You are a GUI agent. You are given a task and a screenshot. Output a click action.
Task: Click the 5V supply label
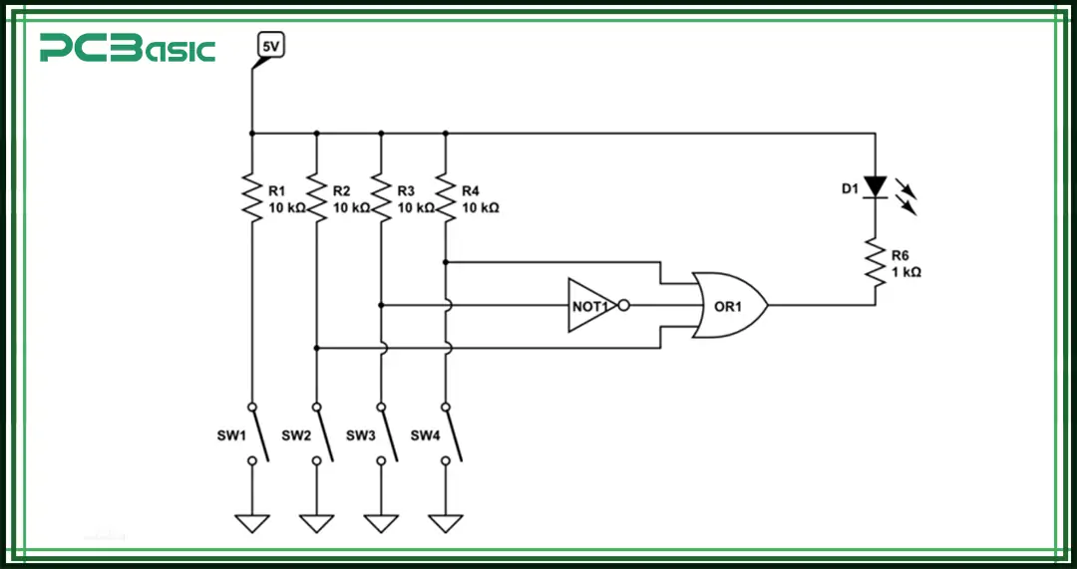coord(270,46)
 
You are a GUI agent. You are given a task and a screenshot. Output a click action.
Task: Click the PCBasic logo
coord(127,47)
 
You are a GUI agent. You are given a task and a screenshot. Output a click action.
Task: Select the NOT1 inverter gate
coord(590,305)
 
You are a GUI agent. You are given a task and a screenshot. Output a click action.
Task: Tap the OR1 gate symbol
coord(729,305)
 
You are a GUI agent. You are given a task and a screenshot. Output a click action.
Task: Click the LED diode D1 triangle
coord(875,186)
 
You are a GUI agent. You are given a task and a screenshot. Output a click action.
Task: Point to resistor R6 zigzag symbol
coord(875,264)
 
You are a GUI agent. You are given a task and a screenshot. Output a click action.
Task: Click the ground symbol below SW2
coord(316,523)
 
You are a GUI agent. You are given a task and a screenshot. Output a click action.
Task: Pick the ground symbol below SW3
coord(381,523)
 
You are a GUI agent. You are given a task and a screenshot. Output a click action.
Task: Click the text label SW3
coord(360,435)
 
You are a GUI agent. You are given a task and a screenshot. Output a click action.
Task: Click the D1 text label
coord(848,188)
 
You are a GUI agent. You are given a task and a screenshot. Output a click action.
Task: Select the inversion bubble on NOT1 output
coord(623,305)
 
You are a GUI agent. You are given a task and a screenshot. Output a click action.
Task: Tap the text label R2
coord(342,190)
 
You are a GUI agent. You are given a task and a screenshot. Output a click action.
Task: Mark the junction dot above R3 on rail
coord(381,133)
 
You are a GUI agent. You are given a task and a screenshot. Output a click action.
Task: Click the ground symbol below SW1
coord(251,523)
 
